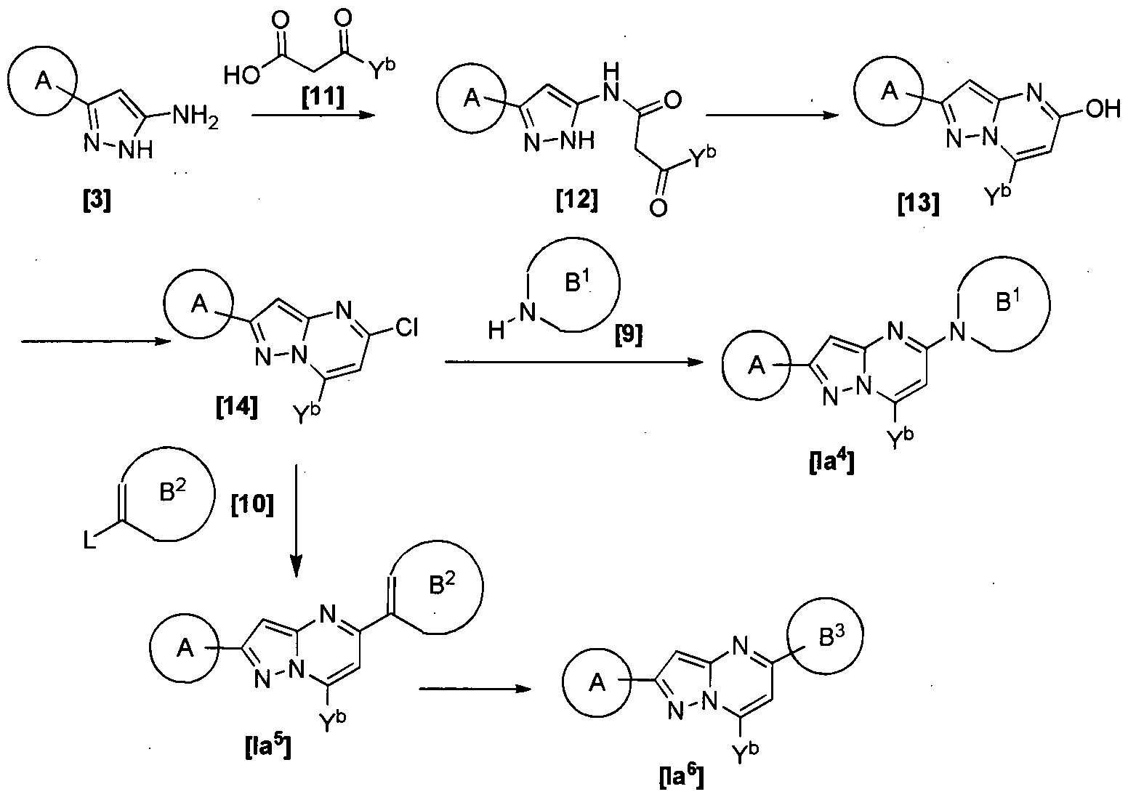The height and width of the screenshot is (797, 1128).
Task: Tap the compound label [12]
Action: pyautogui.click(x=577, y=198)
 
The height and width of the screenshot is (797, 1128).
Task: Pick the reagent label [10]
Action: pyautogui.click(x=251, y=504)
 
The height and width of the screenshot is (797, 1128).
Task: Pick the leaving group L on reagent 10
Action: pyautogui.click(x=89, y=539)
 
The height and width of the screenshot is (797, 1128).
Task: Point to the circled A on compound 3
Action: pyautogui.click(x=44, y=84)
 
